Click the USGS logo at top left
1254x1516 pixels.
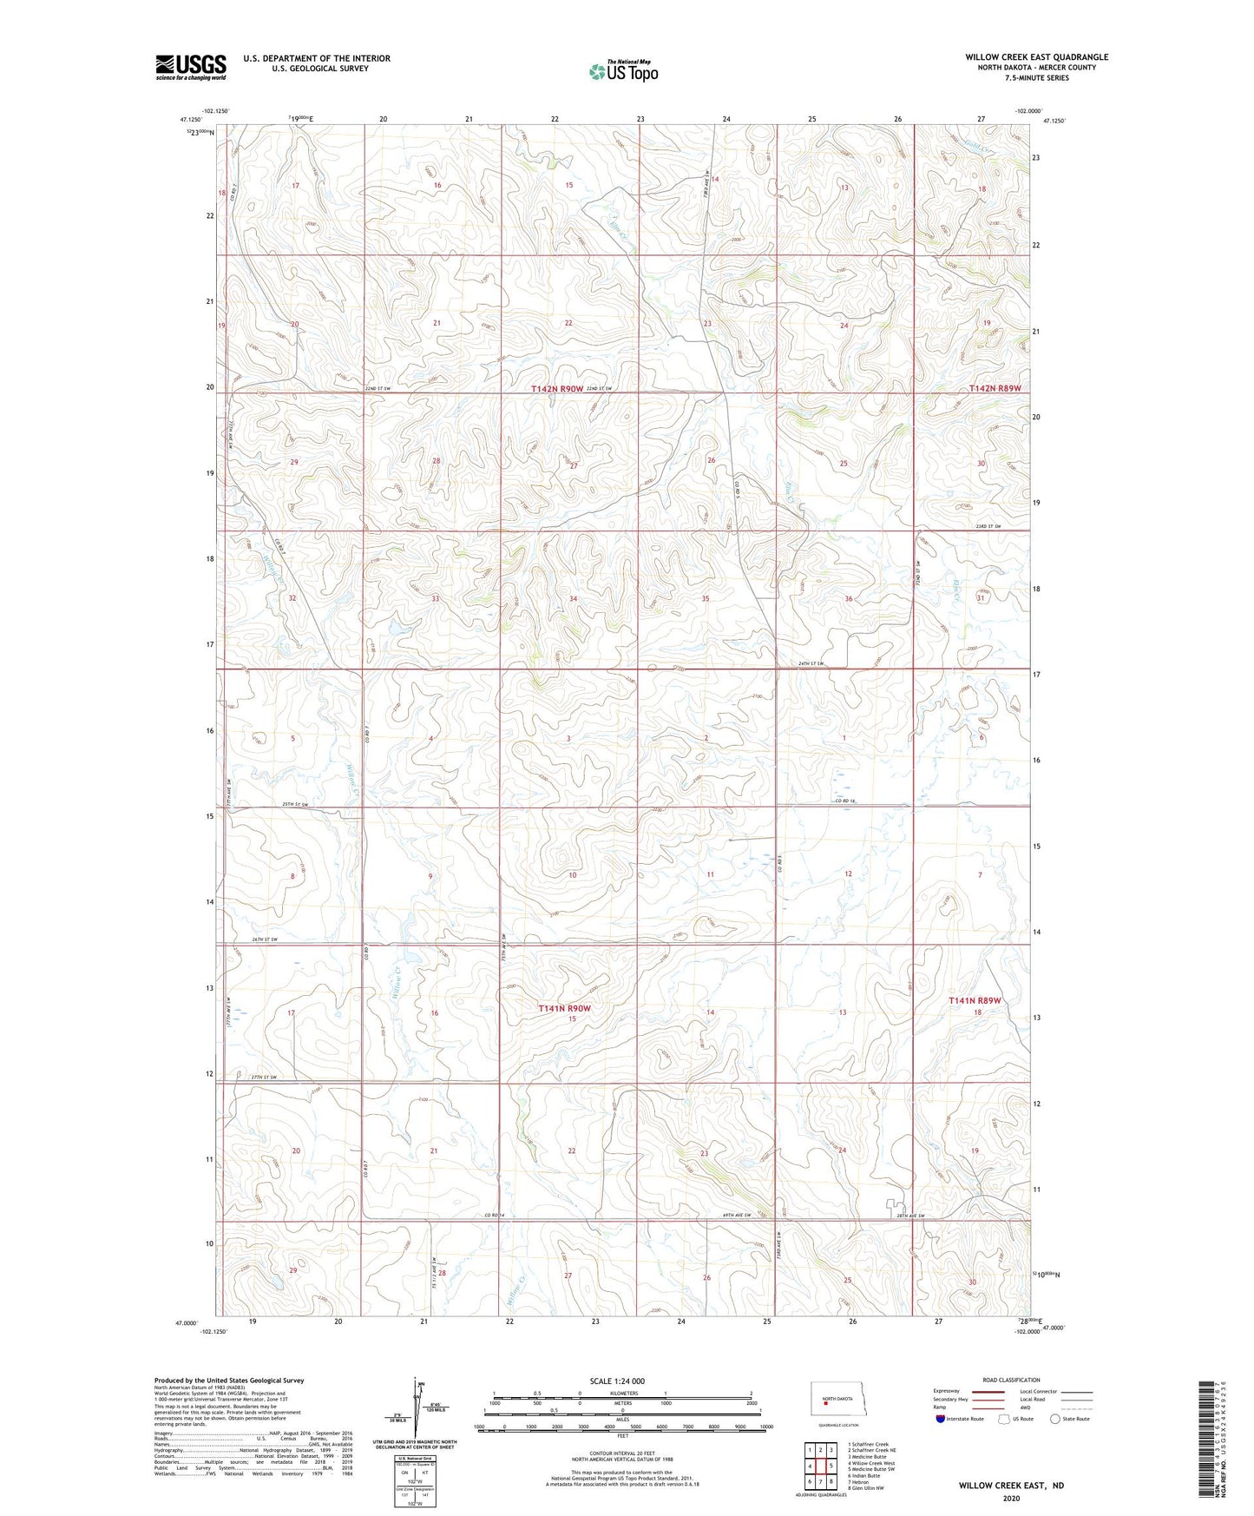[190, 67]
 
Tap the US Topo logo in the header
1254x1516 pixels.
[623, 71]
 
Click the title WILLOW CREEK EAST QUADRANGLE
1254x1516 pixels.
[1036, 57]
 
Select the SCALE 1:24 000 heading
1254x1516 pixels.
[617, 1381]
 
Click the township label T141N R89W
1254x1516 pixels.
[975, 1000]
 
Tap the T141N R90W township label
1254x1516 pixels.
[564, 1008]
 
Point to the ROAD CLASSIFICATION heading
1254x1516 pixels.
[1011, 1380]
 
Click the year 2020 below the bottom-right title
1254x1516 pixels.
[1010, 1499]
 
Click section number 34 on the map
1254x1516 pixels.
[573, 599]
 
